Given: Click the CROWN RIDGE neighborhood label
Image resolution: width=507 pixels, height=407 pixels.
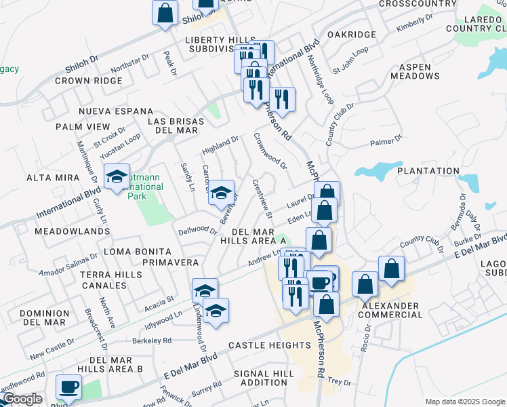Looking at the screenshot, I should [89, 81].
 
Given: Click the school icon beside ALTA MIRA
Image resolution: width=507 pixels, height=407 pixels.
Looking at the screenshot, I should [117, 178].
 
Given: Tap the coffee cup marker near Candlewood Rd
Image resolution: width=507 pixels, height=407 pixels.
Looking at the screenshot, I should [68, 387].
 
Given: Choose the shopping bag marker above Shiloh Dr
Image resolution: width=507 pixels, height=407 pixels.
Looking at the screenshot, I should [165, 12].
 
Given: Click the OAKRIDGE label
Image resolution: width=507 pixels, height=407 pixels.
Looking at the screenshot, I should [351, 35].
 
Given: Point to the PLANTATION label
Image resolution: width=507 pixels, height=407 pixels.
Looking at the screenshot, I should [428, 171].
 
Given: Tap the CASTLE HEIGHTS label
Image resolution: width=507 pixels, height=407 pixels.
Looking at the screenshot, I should [263, 345].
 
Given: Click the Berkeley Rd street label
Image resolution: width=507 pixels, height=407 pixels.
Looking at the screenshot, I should [153, 341].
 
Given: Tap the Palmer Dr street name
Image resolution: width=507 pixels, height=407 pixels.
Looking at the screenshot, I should [386, 141].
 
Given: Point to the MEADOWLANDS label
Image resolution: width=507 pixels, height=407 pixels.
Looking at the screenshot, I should [72, 231].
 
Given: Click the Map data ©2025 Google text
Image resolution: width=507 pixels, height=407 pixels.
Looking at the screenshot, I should [464, 402].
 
